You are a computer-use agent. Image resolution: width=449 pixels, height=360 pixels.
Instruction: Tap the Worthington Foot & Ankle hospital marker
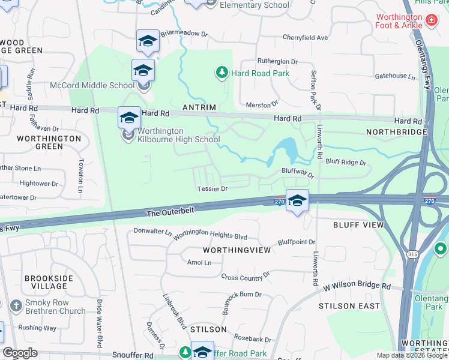pyautogui.click(x=431, y=22)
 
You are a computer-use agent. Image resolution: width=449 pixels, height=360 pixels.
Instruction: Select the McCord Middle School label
pyautogui.click(x=92, y=85)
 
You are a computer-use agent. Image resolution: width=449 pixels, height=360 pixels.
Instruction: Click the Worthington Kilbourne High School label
pyautogui.click(x=179, y=136)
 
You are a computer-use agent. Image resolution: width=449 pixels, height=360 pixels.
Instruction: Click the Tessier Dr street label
pyautogui.click(x=212, y=188)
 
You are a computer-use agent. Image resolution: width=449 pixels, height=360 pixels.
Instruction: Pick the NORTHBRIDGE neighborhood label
pyautogui.click(x=394, y=131)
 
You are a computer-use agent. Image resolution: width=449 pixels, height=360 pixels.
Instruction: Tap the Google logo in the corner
pyautogui.click(x=20, y=353)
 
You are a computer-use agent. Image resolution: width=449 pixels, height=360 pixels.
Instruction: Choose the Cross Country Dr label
pyautogui.click(x=246, y=277)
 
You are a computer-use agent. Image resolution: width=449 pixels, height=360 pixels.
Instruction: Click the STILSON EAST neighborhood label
pyautogui.click(x=354, y=306)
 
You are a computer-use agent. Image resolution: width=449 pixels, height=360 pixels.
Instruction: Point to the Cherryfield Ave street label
pyautogui.click(x=306, y=38)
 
